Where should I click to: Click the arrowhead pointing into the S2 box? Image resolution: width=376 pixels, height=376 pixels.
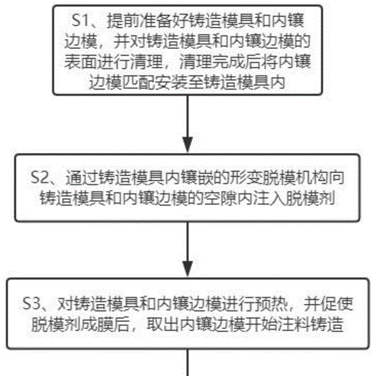188,144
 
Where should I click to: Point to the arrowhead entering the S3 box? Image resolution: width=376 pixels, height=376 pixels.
188,269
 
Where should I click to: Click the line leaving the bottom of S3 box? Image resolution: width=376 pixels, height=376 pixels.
188,362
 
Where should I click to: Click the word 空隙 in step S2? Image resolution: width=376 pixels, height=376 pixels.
220,199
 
